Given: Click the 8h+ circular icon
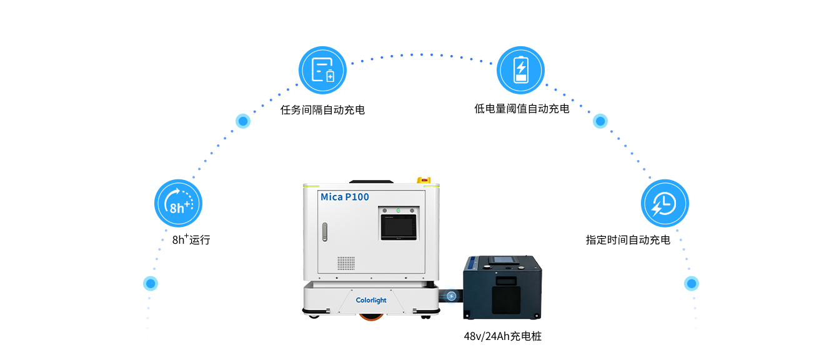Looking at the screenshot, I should coord(178,203).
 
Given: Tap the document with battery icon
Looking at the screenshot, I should coord(322,70).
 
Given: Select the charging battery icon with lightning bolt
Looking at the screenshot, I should coord(520,70).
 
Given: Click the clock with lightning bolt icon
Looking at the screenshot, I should coord(665,203).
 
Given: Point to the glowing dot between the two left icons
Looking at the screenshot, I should coord(243,121).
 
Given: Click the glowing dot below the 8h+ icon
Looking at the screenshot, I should coord(151,284).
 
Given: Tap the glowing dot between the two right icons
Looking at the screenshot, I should coord(600,121).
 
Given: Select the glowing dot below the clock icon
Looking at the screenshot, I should coord(691,284).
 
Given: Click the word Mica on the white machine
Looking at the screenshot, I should coord(332,197).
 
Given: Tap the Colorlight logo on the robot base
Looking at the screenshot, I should coord(371,301).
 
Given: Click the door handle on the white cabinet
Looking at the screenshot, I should coord(324,232).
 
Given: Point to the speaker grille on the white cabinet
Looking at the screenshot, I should coord(346,262).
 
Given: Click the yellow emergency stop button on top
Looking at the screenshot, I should coord(428,181).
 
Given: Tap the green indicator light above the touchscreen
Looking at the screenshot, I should coord(398,211).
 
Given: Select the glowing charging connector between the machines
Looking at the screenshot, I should coord(451,296).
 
